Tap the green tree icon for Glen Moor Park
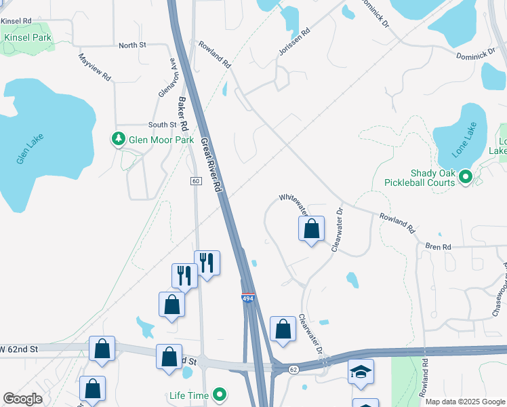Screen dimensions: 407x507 119,139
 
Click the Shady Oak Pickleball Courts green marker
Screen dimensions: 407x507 465,178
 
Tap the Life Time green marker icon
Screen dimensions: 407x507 219,394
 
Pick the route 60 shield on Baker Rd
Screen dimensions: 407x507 195,180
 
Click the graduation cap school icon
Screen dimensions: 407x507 361,370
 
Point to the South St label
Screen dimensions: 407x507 162,125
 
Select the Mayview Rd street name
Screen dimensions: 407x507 94,68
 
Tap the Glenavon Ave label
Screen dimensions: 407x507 166,76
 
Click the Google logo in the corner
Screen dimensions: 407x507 22,399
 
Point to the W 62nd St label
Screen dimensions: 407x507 20,349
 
